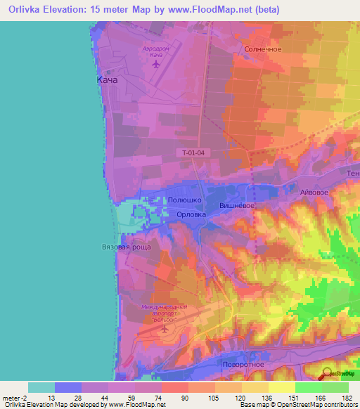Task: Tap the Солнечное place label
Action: (263, 49)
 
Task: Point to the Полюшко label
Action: (184, 200)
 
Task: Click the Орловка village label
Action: (191, 216)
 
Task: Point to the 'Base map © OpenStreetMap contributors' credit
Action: (296, 405)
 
